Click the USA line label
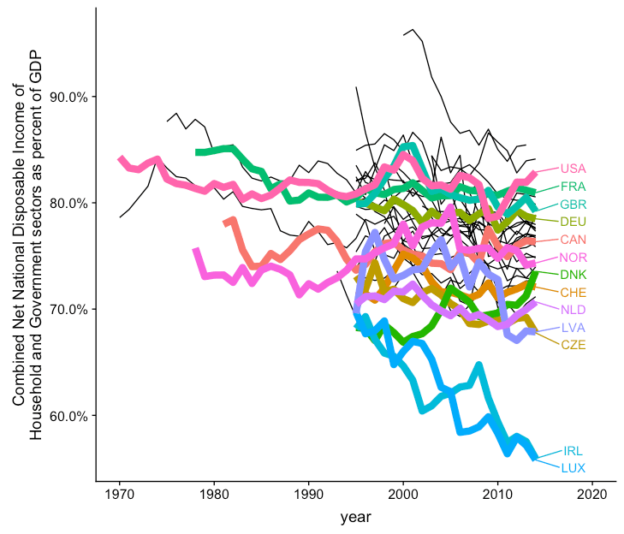[x=573, y=169]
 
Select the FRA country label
[x=573, y=187]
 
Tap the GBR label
[x=573, y=205]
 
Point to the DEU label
[x=573, y=222]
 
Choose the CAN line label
[x=573, y=240]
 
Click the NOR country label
[x=573, y=258]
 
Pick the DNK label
[x=573, y=275]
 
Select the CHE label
[x=573, y=293]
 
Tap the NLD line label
[x=573, y=310]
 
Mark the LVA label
[x=573, y=328]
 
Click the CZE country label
[x=573, y=345]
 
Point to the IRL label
[x=573, y=451]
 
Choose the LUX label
[x=573, y=468]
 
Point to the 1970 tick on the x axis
[x=120, y=495]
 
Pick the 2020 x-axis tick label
[x=592, y=495]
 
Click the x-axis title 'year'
[x=355, y=517]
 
